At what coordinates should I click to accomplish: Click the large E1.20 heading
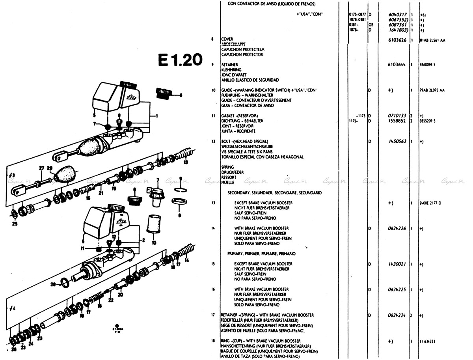coord(180,60)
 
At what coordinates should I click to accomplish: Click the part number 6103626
coord(398,40)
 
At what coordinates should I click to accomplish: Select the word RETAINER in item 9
coord(230,65)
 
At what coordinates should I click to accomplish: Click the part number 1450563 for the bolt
coord(398,142)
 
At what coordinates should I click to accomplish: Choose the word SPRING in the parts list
coord(228,167)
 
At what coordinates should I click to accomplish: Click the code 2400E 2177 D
coord(431,203)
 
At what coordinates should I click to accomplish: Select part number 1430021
coord(398,264)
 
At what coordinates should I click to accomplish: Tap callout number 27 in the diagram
coord(41,168)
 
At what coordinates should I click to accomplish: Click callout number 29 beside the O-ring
coord(53,284)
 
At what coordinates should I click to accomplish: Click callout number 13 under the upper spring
coord(185,162)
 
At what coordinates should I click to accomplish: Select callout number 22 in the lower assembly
coord(111,300)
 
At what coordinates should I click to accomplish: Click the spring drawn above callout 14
coord(184,250)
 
